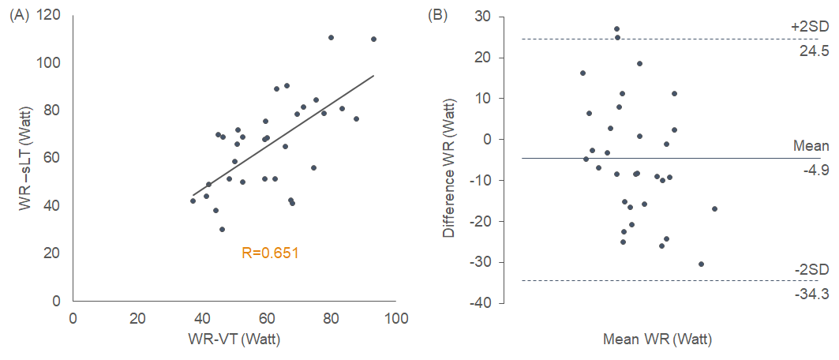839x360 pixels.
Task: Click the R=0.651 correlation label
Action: pyautogui.click(x=270, y=253)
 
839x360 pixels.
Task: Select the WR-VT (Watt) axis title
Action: pyautogui.click(x=234, y=339)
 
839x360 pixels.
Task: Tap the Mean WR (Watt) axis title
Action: pyautogui.click(x=657, y=340)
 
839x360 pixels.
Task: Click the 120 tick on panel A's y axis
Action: pyautogui.click(x=52, y=16)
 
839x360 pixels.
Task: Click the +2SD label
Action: pyautogui.click(x=810, y=27)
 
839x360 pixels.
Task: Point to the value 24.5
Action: pyautogui.click(x=814, y=51)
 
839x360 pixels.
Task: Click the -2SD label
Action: pyautogui.click(x=811, y=269)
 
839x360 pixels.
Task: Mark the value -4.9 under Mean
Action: pyautogui.click(x=815, y=170)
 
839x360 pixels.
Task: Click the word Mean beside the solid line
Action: pyautogui.click(x=811, y=146)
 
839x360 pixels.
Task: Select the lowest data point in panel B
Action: pyautogui.click(x=701, y=264)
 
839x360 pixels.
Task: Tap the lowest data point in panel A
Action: pyautogui.click(x=223, y=230)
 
